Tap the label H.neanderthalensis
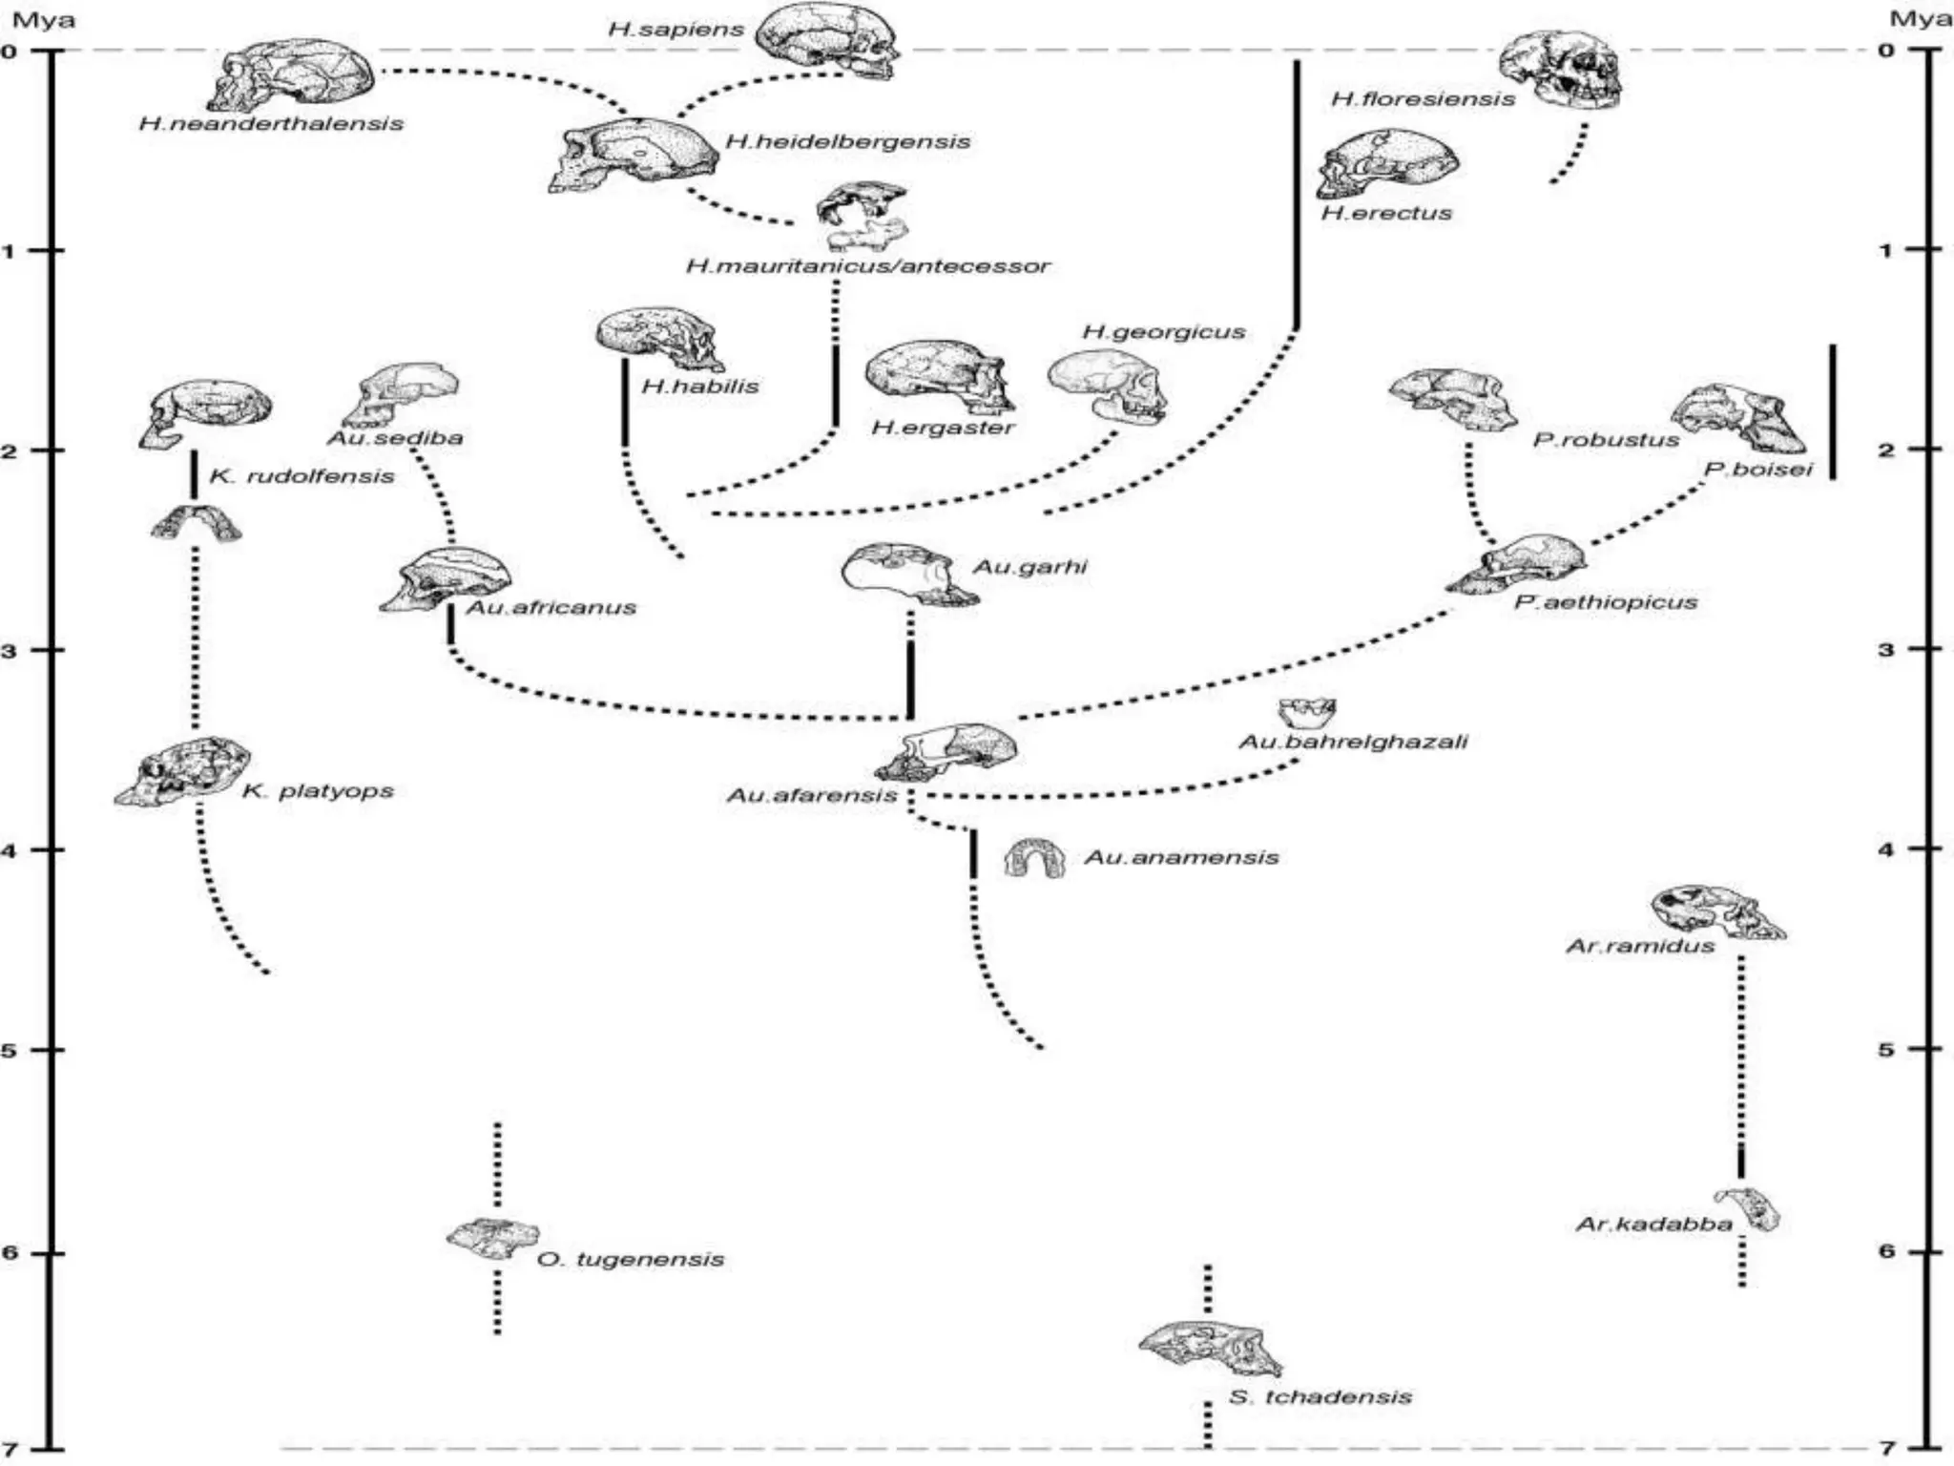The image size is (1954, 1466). pos(271,123)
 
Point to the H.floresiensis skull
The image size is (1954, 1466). pos(1561,71)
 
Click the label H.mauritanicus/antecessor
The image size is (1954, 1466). pos(867,265)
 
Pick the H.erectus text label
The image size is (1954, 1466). pos(1386,213)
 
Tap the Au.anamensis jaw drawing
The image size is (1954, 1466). pos(1034,858)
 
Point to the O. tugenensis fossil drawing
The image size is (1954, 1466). pos(492,1238)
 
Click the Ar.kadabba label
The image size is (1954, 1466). pos(1653,1225)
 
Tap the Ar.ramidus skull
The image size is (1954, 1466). pos(1717,911)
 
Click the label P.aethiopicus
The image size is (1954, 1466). pos(1606,602)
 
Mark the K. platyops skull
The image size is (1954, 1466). pos(183,769)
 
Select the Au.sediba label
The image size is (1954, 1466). pos(395,438)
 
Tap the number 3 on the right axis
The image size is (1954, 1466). pos(1885,649)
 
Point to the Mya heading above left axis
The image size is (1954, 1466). pos(43,19)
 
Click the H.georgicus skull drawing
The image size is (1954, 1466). pos(1109,384)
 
